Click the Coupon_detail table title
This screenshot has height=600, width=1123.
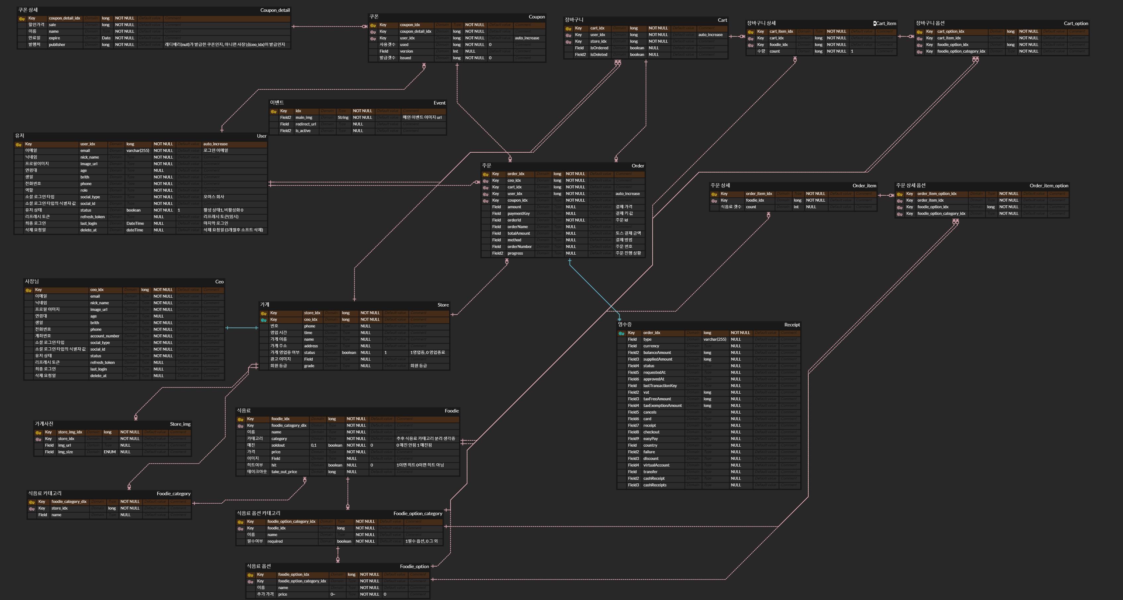275,10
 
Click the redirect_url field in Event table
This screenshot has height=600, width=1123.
306,124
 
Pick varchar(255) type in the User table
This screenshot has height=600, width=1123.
138,151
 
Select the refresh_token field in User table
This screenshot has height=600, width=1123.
92,217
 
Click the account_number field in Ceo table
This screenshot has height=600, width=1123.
105,336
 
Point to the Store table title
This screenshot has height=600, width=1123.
443,305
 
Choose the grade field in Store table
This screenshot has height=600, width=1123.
309,366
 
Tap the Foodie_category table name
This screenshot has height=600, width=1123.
174,494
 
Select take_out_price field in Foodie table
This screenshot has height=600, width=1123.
284,472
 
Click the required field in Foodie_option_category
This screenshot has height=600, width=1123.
275,541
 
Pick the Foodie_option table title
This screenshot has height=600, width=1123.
414,567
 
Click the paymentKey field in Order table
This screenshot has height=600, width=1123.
518,214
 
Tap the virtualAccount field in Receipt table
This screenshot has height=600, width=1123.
656,465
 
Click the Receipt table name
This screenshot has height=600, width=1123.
792,325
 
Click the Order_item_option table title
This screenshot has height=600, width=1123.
1048,186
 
